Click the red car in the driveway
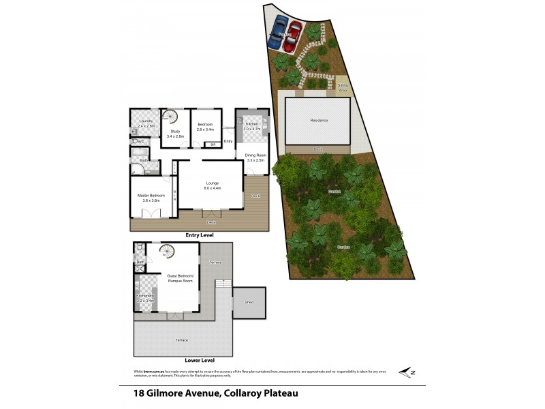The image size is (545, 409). pos(292,36)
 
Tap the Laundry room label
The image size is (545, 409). pos(146,123)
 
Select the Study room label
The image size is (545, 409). pos(175,134)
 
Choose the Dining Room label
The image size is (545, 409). pos(256,157)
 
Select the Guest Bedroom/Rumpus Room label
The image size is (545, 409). pos(181,277)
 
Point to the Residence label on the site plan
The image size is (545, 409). pos(319,120)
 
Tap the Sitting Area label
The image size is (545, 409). pos(344,87)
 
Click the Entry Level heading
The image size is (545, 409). pos(200,235)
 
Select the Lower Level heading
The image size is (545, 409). pos(200,360)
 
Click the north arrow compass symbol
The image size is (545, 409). pos(408,372)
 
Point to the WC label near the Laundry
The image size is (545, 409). pos(140,142)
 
